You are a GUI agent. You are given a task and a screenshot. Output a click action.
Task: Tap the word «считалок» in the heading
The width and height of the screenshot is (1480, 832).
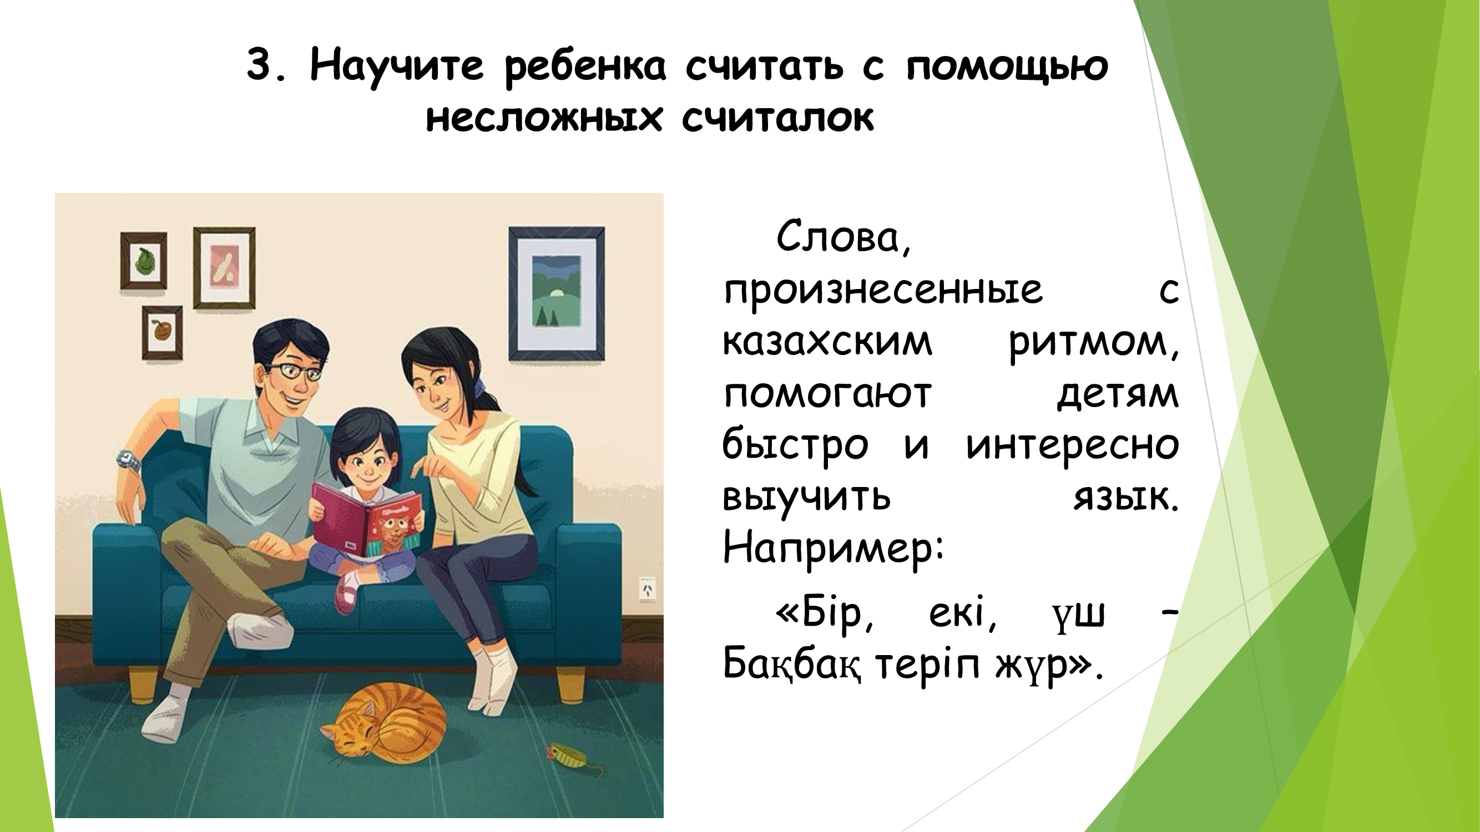pyautogui.click(x=778, y=118)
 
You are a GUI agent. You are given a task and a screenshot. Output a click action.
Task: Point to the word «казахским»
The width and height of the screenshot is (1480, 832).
pyautogui.click(x=827, y=343)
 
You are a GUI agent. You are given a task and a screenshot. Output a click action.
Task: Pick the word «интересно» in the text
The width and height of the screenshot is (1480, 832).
pyautogui.click(x=1073, y=446)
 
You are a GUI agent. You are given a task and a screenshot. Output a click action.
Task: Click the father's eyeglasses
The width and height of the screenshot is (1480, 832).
pyautogui.click(x=293, y=371)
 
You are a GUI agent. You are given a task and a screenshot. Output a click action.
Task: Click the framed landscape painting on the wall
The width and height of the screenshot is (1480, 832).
pyautogui.click(x=556, y=293)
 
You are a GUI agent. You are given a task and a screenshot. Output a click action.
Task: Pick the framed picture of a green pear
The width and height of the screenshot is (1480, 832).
pyautogui.click(x=144, y=261)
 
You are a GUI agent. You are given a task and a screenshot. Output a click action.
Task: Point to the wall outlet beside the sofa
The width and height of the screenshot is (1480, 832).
pyautogui.click(x=648, y=590)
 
